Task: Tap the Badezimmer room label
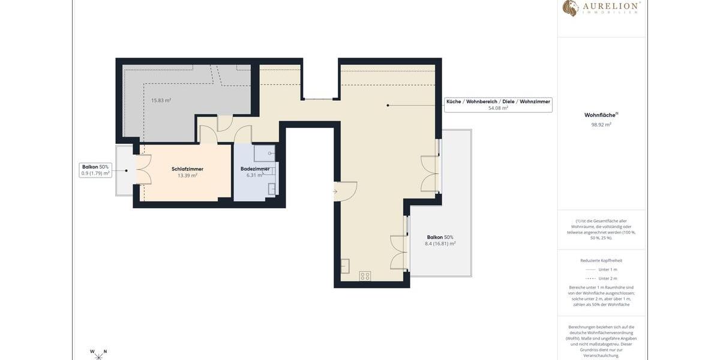point(255,169)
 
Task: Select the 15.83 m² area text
point(161,101)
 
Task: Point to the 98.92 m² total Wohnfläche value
point(601,125)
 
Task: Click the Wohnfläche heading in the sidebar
point(601,115)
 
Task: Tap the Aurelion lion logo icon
point(570,8)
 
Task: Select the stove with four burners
point(365,276)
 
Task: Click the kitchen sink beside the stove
point(345,266)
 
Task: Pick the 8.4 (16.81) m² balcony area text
point(440,244)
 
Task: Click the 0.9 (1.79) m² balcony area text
point(95,173)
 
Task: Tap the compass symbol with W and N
point(98,355)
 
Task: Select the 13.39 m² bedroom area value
point(187,176)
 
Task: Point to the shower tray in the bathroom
point(264,154)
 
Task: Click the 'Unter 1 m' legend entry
point(601,269)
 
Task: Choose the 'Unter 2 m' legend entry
point(601,278)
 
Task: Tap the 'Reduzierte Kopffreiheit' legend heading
point(601,260)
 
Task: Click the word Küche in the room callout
point(454,102)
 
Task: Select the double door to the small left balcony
point(142,169)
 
